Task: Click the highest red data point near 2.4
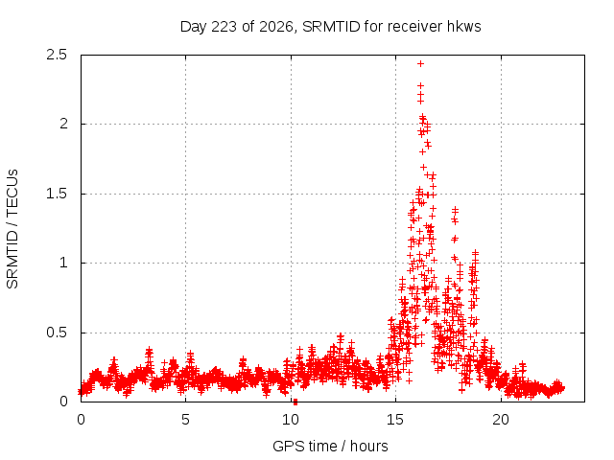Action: click(x=420, y=64)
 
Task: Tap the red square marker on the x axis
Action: click(x=295, y=402)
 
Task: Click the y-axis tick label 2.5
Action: click(x=57, y=55)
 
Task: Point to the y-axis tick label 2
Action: click(x=63, y=124)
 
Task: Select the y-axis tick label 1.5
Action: click(x=57, y=194)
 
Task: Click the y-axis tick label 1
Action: click(x=64, y=263)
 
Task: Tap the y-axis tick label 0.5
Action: click(x=57, y=333)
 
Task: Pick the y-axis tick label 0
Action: click(x=63, y=402)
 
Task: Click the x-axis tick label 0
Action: click(x=81, y=420)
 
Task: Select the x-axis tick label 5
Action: click(x=185, y=420)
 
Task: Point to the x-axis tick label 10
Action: click(x=291, y=420)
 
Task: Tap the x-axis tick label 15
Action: click(x=395, y=420)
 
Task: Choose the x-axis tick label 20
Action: click(x=501, y=420)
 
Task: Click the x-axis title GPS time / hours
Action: click(x=330, y=447)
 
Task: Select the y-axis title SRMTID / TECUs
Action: click(x=12, y=229)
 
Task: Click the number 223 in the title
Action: click(x=224, y=27)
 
